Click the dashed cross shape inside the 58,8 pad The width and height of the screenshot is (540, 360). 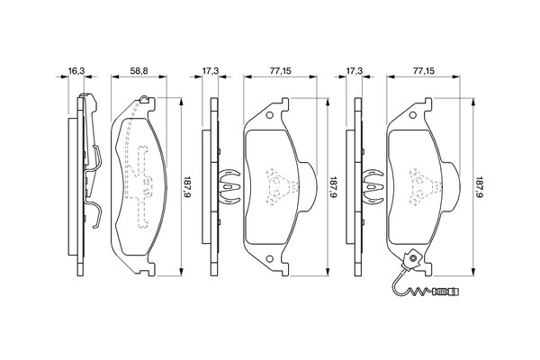pos(140,180)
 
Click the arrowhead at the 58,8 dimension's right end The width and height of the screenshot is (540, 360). pos(162,79)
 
